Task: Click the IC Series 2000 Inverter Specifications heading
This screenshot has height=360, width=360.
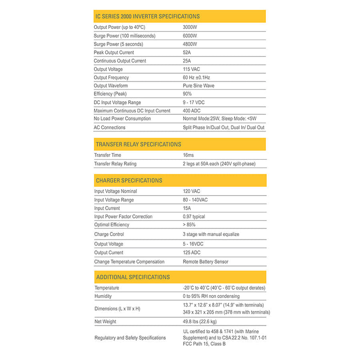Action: click(148, 16)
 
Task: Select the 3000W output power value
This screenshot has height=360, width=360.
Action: click(190, 27)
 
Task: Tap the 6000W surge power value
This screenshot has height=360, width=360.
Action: click(190, 36)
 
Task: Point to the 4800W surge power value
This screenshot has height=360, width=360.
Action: click(190, 44)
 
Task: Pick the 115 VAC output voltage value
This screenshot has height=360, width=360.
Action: click(192, 69)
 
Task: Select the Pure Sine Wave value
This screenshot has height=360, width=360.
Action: click(199, 86)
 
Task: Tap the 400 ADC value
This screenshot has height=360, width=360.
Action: click(192, 111)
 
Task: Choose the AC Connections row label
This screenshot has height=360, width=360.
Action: click(110, 127)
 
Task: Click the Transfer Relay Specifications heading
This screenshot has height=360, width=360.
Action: click(139, 144)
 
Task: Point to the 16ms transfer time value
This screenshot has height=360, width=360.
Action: click(189, 155)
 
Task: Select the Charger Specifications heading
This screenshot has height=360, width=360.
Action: click(129, 180)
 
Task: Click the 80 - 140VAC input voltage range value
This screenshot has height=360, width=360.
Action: click(195, 200)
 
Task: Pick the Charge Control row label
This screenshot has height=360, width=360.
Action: click(109, 234)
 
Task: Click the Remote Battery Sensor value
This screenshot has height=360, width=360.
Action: click(205, 261)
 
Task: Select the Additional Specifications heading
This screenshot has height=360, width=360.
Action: click(133, 277)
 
